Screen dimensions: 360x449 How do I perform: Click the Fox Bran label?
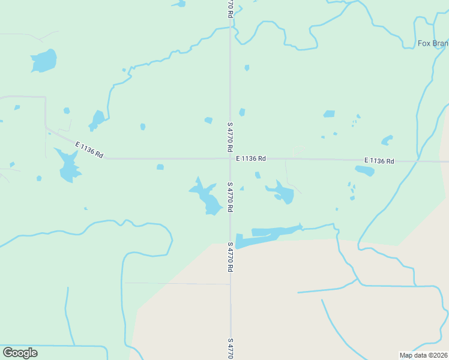pyautogui.click(x=433, y=43)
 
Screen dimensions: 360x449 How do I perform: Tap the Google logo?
pyautogui.click(x=20, y=353)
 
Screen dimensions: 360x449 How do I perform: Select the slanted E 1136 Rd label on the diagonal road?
pyautogui.click(x=89, y=149)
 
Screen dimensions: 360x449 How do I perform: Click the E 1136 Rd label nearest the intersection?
pyautogui.click(x=251, y=159)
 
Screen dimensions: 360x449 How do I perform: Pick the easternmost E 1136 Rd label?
pyautogui.click(x=379, y=161)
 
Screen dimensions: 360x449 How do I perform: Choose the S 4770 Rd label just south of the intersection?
pyautogui.click(x=230, y=197)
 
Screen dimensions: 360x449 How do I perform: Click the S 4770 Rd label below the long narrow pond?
pyautogui.click(x=230, y=257)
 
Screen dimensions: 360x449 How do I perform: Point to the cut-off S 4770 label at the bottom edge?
pyautogui.click(x=230, y=349)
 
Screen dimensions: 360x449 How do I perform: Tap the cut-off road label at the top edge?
pyautogui.click(x=230, y=8)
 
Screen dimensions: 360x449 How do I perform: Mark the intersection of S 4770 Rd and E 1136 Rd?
pyautogui.click(x=230, y=159)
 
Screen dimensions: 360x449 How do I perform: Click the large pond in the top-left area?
pyautogui.click(x=44, y=61)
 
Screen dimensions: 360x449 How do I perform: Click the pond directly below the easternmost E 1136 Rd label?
pyautogui.click(x=365, y=171)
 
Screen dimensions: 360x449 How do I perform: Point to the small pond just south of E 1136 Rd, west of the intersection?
pyautogui.click(x=160, y=167)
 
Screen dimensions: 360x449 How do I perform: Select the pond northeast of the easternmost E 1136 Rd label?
pyautogui.click(x=387, y=140)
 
